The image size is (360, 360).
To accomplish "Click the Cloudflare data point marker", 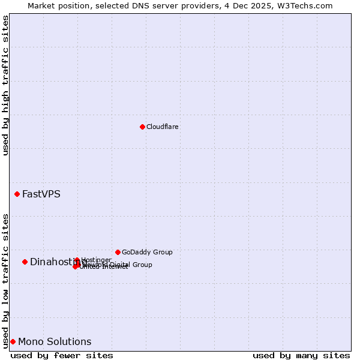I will pos(142,127).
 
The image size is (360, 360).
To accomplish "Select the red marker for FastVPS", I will pos(17,194).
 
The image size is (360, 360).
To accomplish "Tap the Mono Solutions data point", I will pos(13,341).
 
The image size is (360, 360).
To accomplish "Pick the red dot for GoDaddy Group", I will pos(118,252).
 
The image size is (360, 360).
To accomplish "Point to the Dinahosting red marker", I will pos(25,262).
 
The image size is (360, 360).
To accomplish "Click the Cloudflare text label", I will pos(163,127).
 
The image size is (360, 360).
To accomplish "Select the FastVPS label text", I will pos(41,194).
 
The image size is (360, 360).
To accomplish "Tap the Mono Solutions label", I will pos(55,341).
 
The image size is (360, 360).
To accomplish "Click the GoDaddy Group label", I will pos(147,252).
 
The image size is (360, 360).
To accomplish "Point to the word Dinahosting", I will pos(51,262).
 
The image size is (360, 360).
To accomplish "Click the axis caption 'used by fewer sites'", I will pos(62,355).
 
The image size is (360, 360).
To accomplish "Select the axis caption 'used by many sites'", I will pos(301,355).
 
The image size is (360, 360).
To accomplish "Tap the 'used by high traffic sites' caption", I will pos(5,85).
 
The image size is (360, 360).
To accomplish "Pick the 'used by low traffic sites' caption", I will pos(5,280).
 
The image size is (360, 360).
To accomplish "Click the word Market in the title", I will pos(43,5).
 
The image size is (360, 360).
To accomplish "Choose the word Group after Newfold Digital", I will pos(142,265).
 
